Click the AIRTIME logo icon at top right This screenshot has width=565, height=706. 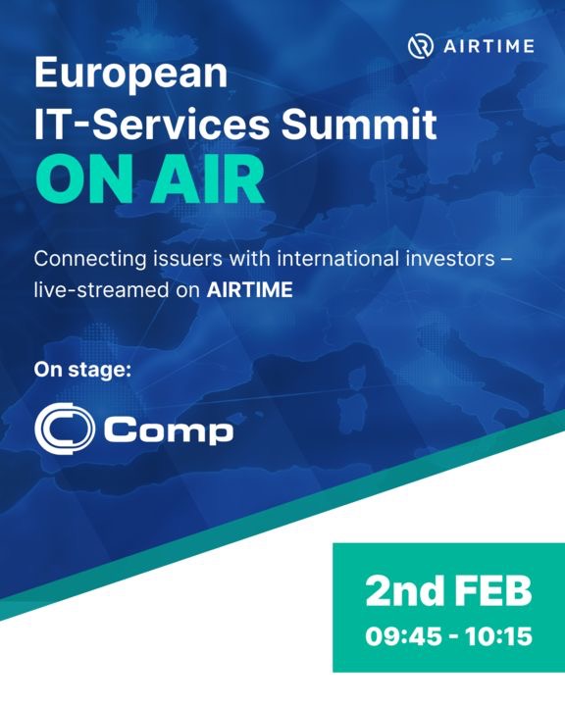tap(422, 46)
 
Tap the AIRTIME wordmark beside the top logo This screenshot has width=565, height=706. tap(490, 46)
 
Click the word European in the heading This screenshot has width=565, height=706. tap(130, 74)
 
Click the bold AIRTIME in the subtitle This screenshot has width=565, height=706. tap(249, 291)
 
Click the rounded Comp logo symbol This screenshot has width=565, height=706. tap(64, 429)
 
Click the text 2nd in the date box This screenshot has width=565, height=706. tap(404, 592)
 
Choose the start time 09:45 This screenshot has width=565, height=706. tap(397, 635)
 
